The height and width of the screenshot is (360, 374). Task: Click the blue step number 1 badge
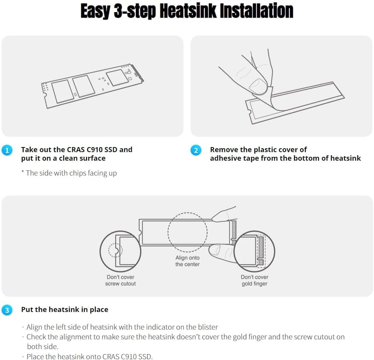point(7,150)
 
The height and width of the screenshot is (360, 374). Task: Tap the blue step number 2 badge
point(196,150)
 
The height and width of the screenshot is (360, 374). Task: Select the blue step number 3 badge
point(7,310)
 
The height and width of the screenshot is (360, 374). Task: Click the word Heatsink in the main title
point(188,11)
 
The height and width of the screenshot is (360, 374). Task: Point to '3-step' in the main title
point(135,11)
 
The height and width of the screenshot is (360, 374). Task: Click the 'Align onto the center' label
point(187,261)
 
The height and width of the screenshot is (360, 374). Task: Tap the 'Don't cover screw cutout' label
point(121,280)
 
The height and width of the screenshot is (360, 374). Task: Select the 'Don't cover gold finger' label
point(255,280)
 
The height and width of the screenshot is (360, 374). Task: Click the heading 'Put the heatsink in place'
point(65,309)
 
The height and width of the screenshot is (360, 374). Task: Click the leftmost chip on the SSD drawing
point(63,92)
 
